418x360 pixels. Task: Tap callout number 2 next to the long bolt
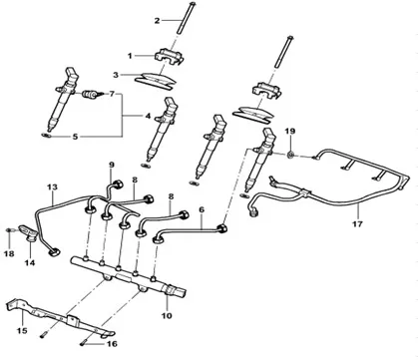click(x=157, y=20)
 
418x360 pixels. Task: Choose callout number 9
click(x=111, y=165)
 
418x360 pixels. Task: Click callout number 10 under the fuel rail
click(x=167, y=315)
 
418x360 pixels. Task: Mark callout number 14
click(x=29, y=263)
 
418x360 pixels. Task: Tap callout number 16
click(x=112, y=343)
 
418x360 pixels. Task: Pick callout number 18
click(x=9, y=254)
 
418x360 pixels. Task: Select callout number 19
click(x=290, y=131)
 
